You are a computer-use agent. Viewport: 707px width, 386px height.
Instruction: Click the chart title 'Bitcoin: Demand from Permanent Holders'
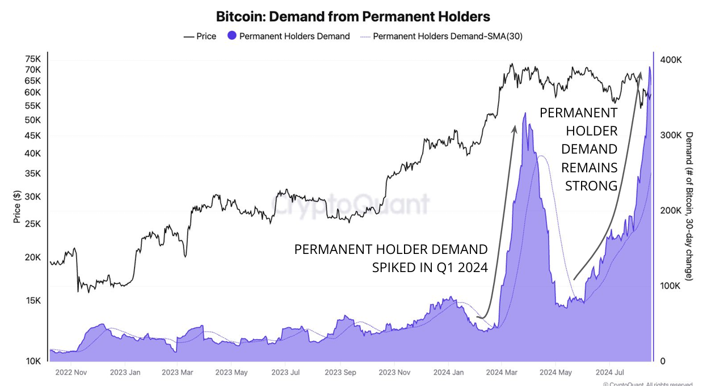pyautogui.click(x=353, y=16)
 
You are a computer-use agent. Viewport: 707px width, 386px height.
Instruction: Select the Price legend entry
pyautogui.click(x=199, y=36)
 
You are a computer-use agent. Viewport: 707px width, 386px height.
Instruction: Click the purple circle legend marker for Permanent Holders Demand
pyautogui.click(x=231, y=36)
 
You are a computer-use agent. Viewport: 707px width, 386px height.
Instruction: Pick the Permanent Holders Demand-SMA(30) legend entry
pyautogui.click(x=441, y=36)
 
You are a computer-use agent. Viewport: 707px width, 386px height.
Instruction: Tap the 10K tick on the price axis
pyautogui.click(x=33, y=361)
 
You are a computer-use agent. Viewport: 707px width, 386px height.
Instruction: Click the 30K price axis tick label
pyautogui.click(x=33, y=197)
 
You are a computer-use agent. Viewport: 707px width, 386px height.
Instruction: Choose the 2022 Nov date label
pyautogui.click(x=72, y=372)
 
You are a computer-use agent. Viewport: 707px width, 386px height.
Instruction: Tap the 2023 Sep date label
pyautogui.click(x=342, y=372)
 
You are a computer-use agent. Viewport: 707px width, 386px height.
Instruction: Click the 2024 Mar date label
pyautogui.click(x=502, y=372)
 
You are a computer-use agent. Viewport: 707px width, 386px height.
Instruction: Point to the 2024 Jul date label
pyautogui.click(x=609, y=372)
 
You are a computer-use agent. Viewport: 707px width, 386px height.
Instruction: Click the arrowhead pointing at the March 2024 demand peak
pyautogui.click(x=515, y=128)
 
